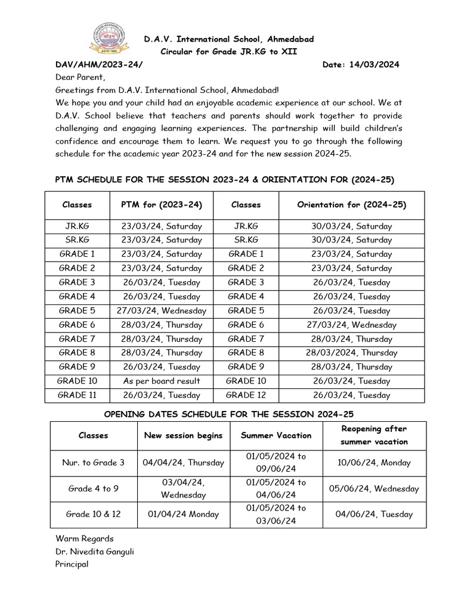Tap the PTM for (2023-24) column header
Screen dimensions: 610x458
click(x=162, y=204)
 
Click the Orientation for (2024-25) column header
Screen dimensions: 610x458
click(x=352, y=204)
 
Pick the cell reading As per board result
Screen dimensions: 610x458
click(x=162, y=381)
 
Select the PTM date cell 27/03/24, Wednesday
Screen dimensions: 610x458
click(x=162, y=310)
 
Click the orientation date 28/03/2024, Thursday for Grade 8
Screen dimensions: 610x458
click(x=352, y=353)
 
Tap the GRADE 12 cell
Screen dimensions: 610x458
click(x=246, y=395)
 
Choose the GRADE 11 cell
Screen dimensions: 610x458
click(x=77, y=395)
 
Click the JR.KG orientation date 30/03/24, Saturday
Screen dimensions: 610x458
click(x=352, y=226)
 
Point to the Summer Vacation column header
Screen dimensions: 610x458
click(x=276, y=435)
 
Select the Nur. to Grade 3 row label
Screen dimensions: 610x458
click(x=94, y=462)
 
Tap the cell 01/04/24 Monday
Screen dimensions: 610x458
click(x=184, y=514)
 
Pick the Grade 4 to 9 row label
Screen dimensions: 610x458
click(x=94, y=488)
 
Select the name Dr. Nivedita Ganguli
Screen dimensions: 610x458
click(x=94, y=551)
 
